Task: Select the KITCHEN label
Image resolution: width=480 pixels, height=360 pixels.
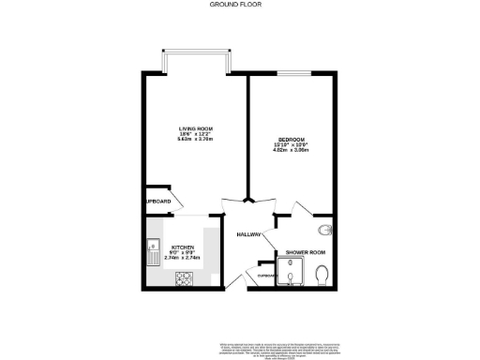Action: coord(182,247)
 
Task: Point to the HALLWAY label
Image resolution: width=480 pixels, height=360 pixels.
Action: coord(248,234)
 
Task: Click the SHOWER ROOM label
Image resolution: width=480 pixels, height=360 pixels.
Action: coord(305,253)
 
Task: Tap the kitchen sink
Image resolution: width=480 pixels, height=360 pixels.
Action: coord(152,251)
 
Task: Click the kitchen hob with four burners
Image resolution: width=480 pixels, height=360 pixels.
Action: coord(183,278)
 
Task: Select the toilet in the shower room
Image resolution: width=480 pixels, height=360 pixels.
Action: coord(322,273)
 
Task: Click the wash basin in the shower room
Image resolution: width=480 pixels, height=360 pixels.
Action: coord(325,231)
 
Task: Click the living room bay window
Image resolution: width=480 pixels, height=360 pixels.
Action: coord(197,62)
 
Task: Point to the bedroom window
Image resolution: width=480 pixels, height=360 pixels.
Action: coord(291,73)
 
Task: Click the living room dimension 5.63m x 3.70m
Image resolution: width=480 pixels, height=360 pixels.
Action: coord(197,140)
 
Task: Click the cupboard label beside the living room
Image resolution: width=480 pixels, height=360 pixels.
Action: coord(157,201)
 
